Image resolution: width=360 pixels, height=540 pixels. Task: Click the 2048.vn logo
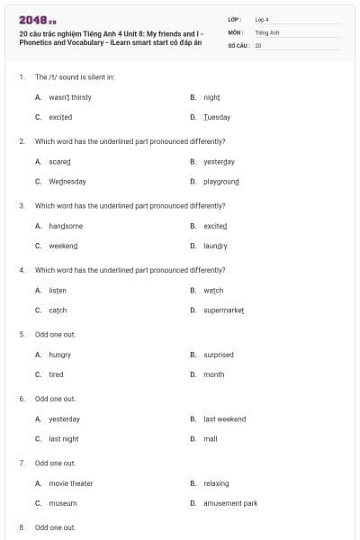(x=37, y=20)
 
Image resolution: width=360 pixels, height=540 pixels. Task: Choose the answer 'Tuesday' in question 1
(x=217, y=117)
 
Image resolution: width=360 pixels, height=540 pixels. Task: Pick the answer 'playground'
(x=221, y=181)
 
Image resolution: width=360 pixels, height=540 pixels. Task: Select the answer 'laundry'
(x=215, y=246)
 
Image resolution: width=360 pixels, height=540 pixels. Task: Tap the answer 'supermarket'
(x=224, y=310)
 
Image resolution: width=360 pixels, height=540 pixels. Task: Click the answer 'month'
(x=214, y=374)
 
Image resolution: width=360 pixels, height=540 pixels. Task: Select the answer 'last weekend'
(x=224, y=418)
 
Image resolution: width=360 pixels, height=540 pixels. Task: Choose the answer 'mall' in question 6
(x=211, y=438)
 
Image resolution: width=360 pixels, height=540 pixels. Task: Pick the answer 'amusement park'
(x=230, y=503)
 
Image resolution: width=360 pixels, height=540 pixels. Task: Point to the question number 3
(x=22, y=205)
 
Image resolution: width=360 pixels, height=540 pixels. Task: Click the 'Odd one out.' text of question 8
(x=55, y=526)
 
